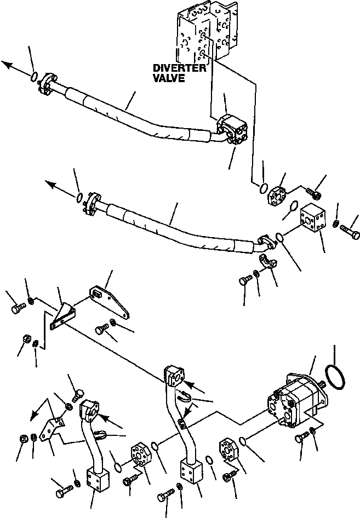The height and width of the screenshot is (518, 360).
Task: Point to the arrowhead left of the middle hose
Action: pyautogui.click(x=50, y=185)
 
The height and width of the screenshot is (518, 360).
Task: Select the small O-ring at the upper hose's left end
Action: pyautogui.click(x=35, y=77)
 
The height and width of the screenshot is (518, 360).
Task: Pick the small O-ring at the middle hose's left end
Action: pyautogui.click(x=79, y=197)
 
